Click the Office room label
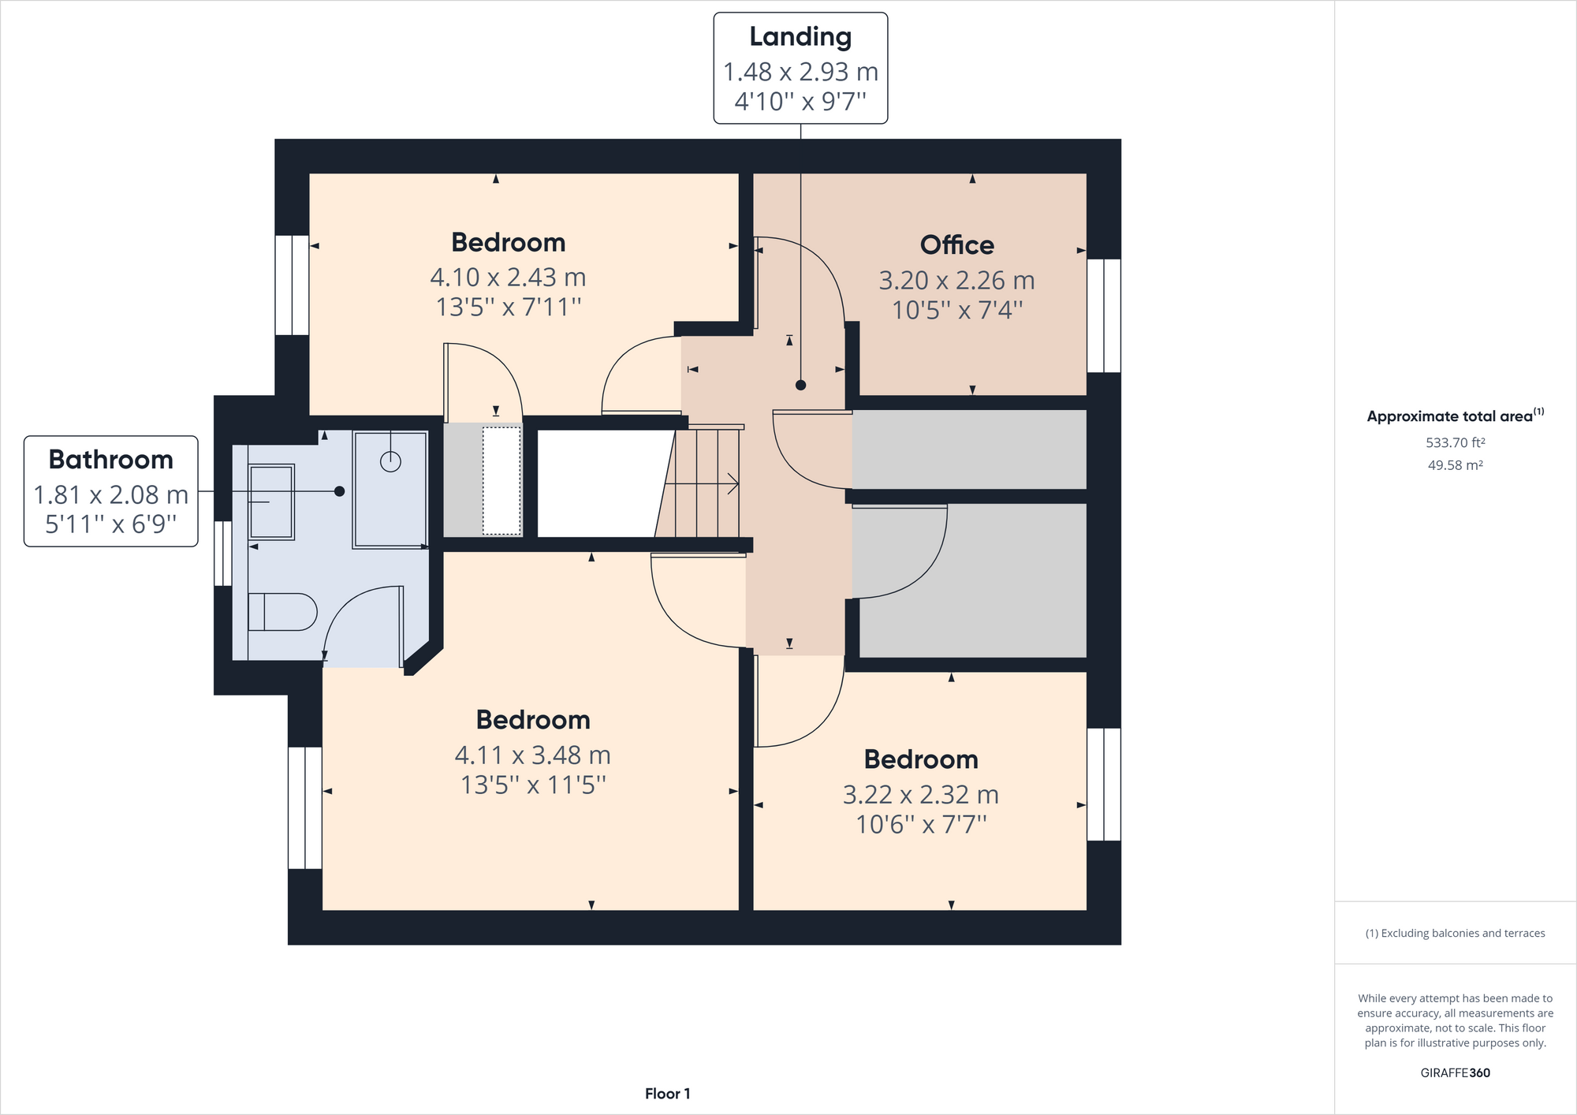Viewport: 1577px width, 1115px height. pos(956,245)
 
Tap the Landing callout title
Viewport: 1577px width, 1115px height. pos(800,37)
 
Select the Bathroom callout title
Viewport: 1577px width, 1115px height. pos(110,460)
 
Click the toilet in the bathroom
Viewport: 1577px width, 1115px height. pos(282,612)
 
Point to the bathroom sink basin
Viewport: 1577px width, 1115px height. pos(271,502)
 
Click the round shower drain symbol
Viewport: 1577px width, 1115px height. pos(390,461)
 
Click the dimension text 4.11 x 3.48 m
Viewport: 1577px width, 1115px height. pos(533,755)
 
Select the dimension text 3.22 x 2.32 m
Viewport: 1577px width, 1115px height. pos(921,795)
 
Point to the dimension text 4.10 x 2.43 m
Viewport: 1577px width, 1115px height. pos(508,278)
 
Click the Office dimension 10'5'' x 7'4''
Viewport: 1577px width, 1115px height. pos(956,310)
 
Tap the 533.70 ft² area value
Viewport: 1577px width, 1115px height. pos(1455,442)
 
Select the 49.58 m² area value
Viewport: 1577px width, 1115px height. pos(1455,465)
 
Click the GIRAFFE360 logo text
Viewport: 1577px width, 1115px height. pos(1455,1072)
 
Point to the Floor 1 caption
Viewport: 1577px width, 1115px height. pos(667,1094)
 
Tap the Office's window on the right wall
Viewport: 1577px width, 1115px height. pos(1104,315)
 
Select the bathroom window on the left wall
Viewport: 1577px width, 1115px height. pos(223,554)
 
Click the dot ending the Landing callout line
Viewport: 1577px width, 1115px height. pos(800,386)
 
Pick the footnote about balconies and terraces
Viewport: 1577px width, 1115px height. pos(1455,934)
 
